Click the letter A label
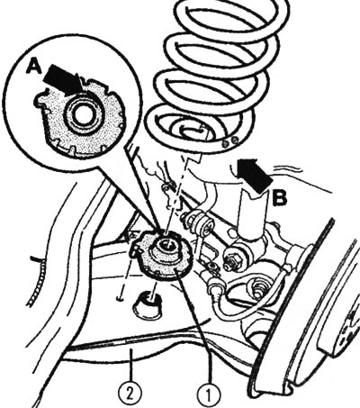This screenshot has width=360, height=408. pyautogui.click(x=33, y=66)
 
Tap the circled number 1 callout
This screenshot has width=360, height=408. pyautogui.click(x=209, y=394)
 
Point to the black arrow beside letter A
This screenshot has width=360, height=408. pyautogui.click(x=66, y=80)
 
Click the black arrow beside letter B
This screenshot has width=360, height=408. pyautogui.click(x=255, y=176)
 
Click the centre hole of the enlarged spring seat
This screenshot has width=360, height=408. pyautogui.click(x=82, y=115)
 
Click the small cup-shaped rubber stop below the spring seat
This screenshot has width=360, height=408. pyautogui.click(x=147, y=306)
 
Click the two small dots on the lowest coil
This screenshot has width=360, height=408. pyautogui.click(x=230, y=141)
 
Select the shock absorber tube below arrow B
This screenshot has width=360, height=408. pyautogui.click(x=253, y=214)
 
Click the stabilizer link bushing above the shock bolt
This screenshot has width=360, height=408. pyautogui.click(x=196, y=222)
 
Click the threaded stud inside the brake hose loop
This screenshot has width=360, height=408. pyautogui.click(x=256, y=287)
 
